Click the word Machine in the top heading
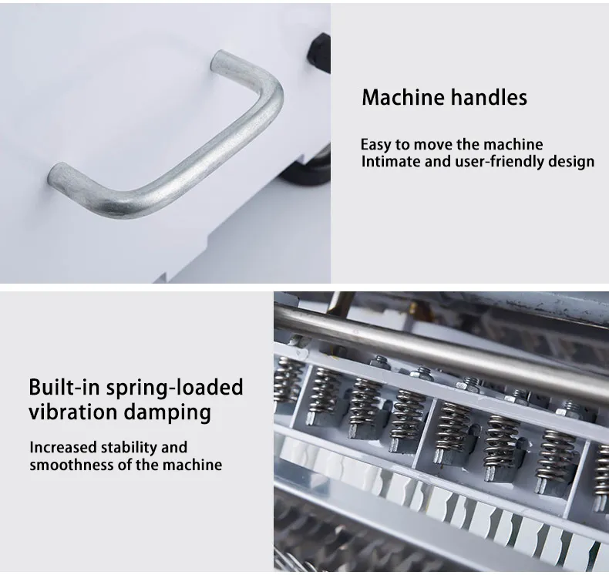[403, 97]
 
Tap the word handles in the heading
[490, 97]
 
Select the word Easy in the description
[375, 145]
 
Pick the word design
[571, 162]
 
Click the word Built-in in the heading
[65, 387]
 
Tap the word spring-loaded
[175, 388]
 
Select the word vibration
[72, 412]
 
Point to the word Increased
[63, 447]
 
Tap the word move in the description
[431, 145]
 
